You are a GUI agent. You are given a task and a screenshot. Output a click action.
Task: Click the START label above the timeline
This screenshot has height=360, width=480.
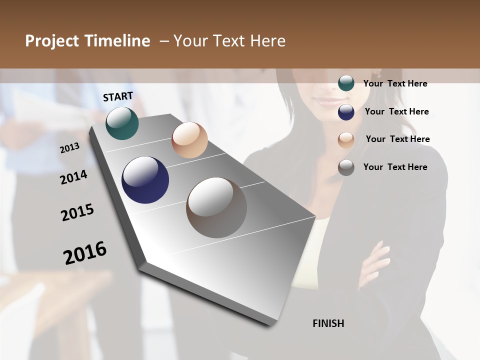click(x=118, y=96)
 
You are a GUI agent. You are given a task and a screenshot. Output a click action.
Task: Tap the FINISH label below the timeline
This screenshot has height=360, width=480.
click(x=328, y=323)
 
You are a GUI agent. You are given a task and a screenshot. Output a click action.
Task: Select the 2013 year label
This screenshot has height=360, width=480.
click(x=69, y=148)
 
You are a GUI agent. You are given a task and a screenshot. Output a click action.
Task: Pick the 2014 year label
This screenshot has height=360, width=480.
click(x=73, y=177)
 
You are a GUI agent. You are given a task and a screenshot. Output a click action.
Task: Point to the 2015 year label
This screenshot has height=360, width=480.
click(x=77, y=212)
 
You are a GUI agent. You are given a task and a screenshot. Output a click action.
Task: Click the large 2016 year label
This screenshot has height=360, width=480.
click(x=85, y=253)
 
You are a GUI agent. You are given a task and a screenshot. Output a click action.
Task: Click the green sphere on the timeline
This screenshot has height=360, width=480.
click(x=122, y=123)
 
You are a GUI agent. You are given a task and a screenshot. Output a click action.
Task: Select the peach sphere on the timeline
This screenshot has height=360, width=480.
click(x=189, y=140)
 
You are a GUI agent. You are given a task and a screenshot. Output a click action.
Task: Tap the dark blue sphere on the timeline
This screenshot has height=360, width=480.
click(x=145, y=180)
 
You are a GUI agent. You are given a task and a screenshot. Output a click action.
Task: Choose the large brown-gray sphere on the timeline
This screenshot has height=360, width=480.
click(x=216, y=207)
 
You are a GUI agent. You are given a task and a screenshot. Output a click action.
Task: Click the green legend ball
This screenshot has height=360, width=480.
click(x=346, y=83)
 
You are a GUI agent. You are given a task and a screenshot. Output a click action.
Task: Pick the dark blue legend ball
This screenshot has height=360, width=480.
click(x=346, y=112)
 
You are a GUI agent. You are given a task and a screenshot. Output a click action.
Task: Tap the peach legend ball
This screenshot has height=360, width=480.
click(x=346, y=140)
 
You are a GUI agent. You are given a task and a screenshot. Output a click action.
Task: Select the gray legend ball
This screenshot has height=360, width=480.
click(x=346, y=167)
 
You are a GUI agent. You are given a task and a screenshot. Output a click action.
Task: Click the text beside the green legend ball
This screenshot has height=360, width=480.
click(x=395, y=83)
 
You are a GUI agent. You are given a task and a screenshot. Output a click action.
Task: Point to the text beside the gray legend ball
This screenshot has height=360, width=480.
click(x=395, y=167)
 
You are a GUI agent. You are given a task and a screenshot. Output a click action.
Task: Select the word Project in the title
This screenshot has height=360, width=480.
click(x=51, y=41)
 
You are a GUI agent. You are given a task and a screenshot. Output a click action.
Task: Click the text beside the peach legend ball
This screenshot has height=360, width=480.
click(x=397, y=139)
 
